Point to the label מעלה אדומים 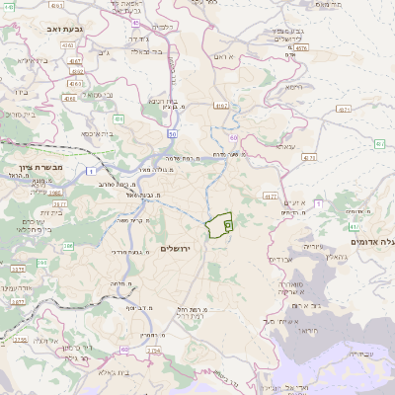tap(372, 241)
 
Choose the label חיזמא tap(290, 87)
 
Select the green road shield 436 tap(118, 118)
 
